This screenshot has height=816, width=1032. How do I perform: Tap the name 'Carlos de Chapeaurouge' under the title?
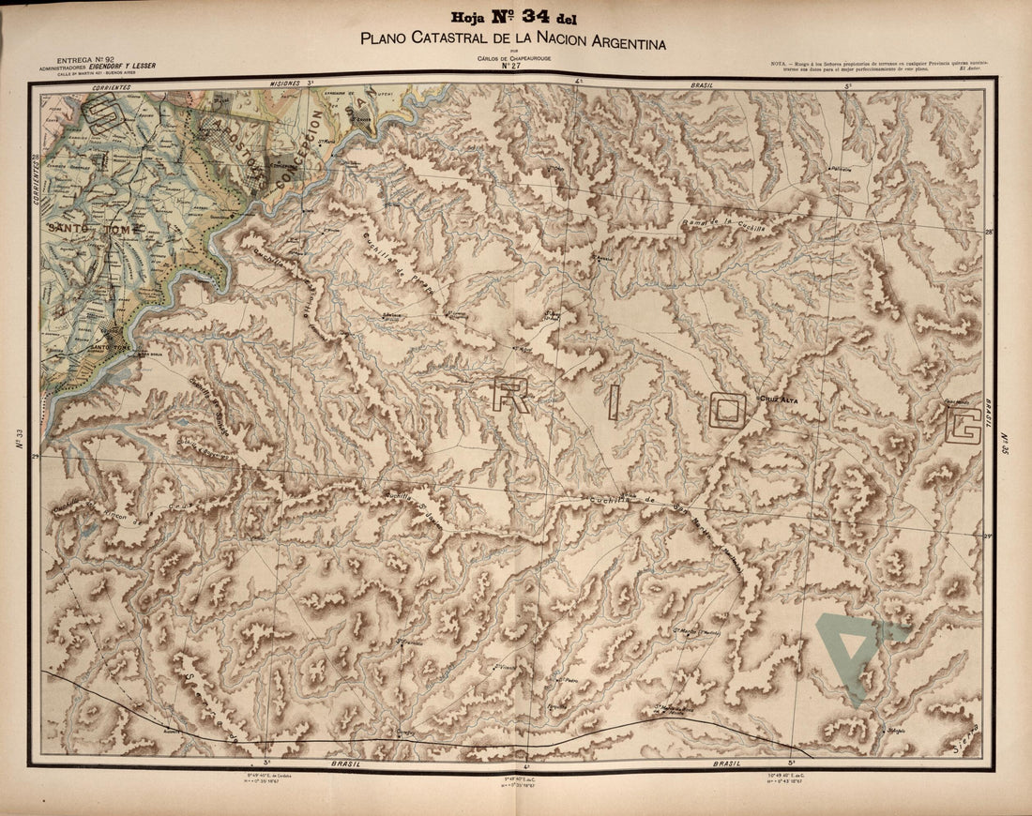tap(510, 58)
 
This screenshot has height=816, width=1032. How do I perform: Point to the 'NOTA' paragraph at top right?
tap(880, 66)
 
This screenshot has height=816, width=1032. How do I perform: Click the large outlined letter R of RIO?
tap(512, 395)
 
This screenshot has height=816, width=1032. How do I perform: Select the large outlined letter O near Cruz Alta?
tap(728, 410)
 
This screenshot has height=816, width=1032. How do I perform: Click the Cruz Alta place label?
tap(777, 399)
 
